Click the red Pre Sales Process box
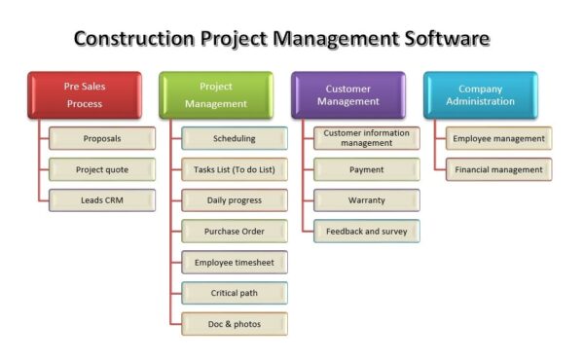click(84, 95)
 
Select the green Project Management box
click(216, 95)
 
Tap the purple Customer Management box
click(348, 95)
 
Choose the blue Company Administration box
click(481, 95)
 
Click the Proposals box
click(102, 138)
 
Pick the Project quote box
click(102, 169)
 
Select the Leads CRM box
click(102, 200)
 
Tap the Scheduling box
click(235, 138)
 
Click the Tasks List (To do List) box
click(235, 169)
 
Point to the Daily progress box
click(235, 200)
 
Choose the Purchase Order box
click(235, 232)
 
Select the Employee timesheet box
click(235, 263)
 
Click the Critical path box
click(235, 293)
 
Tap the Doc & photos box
click(235, 324)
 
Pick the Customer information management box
click(367, 138)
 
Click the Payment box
click(367, 169)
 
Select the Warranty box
click(367, 200)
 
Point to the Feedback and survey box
click(367, 232)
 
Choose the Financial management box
click(499, 169)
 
